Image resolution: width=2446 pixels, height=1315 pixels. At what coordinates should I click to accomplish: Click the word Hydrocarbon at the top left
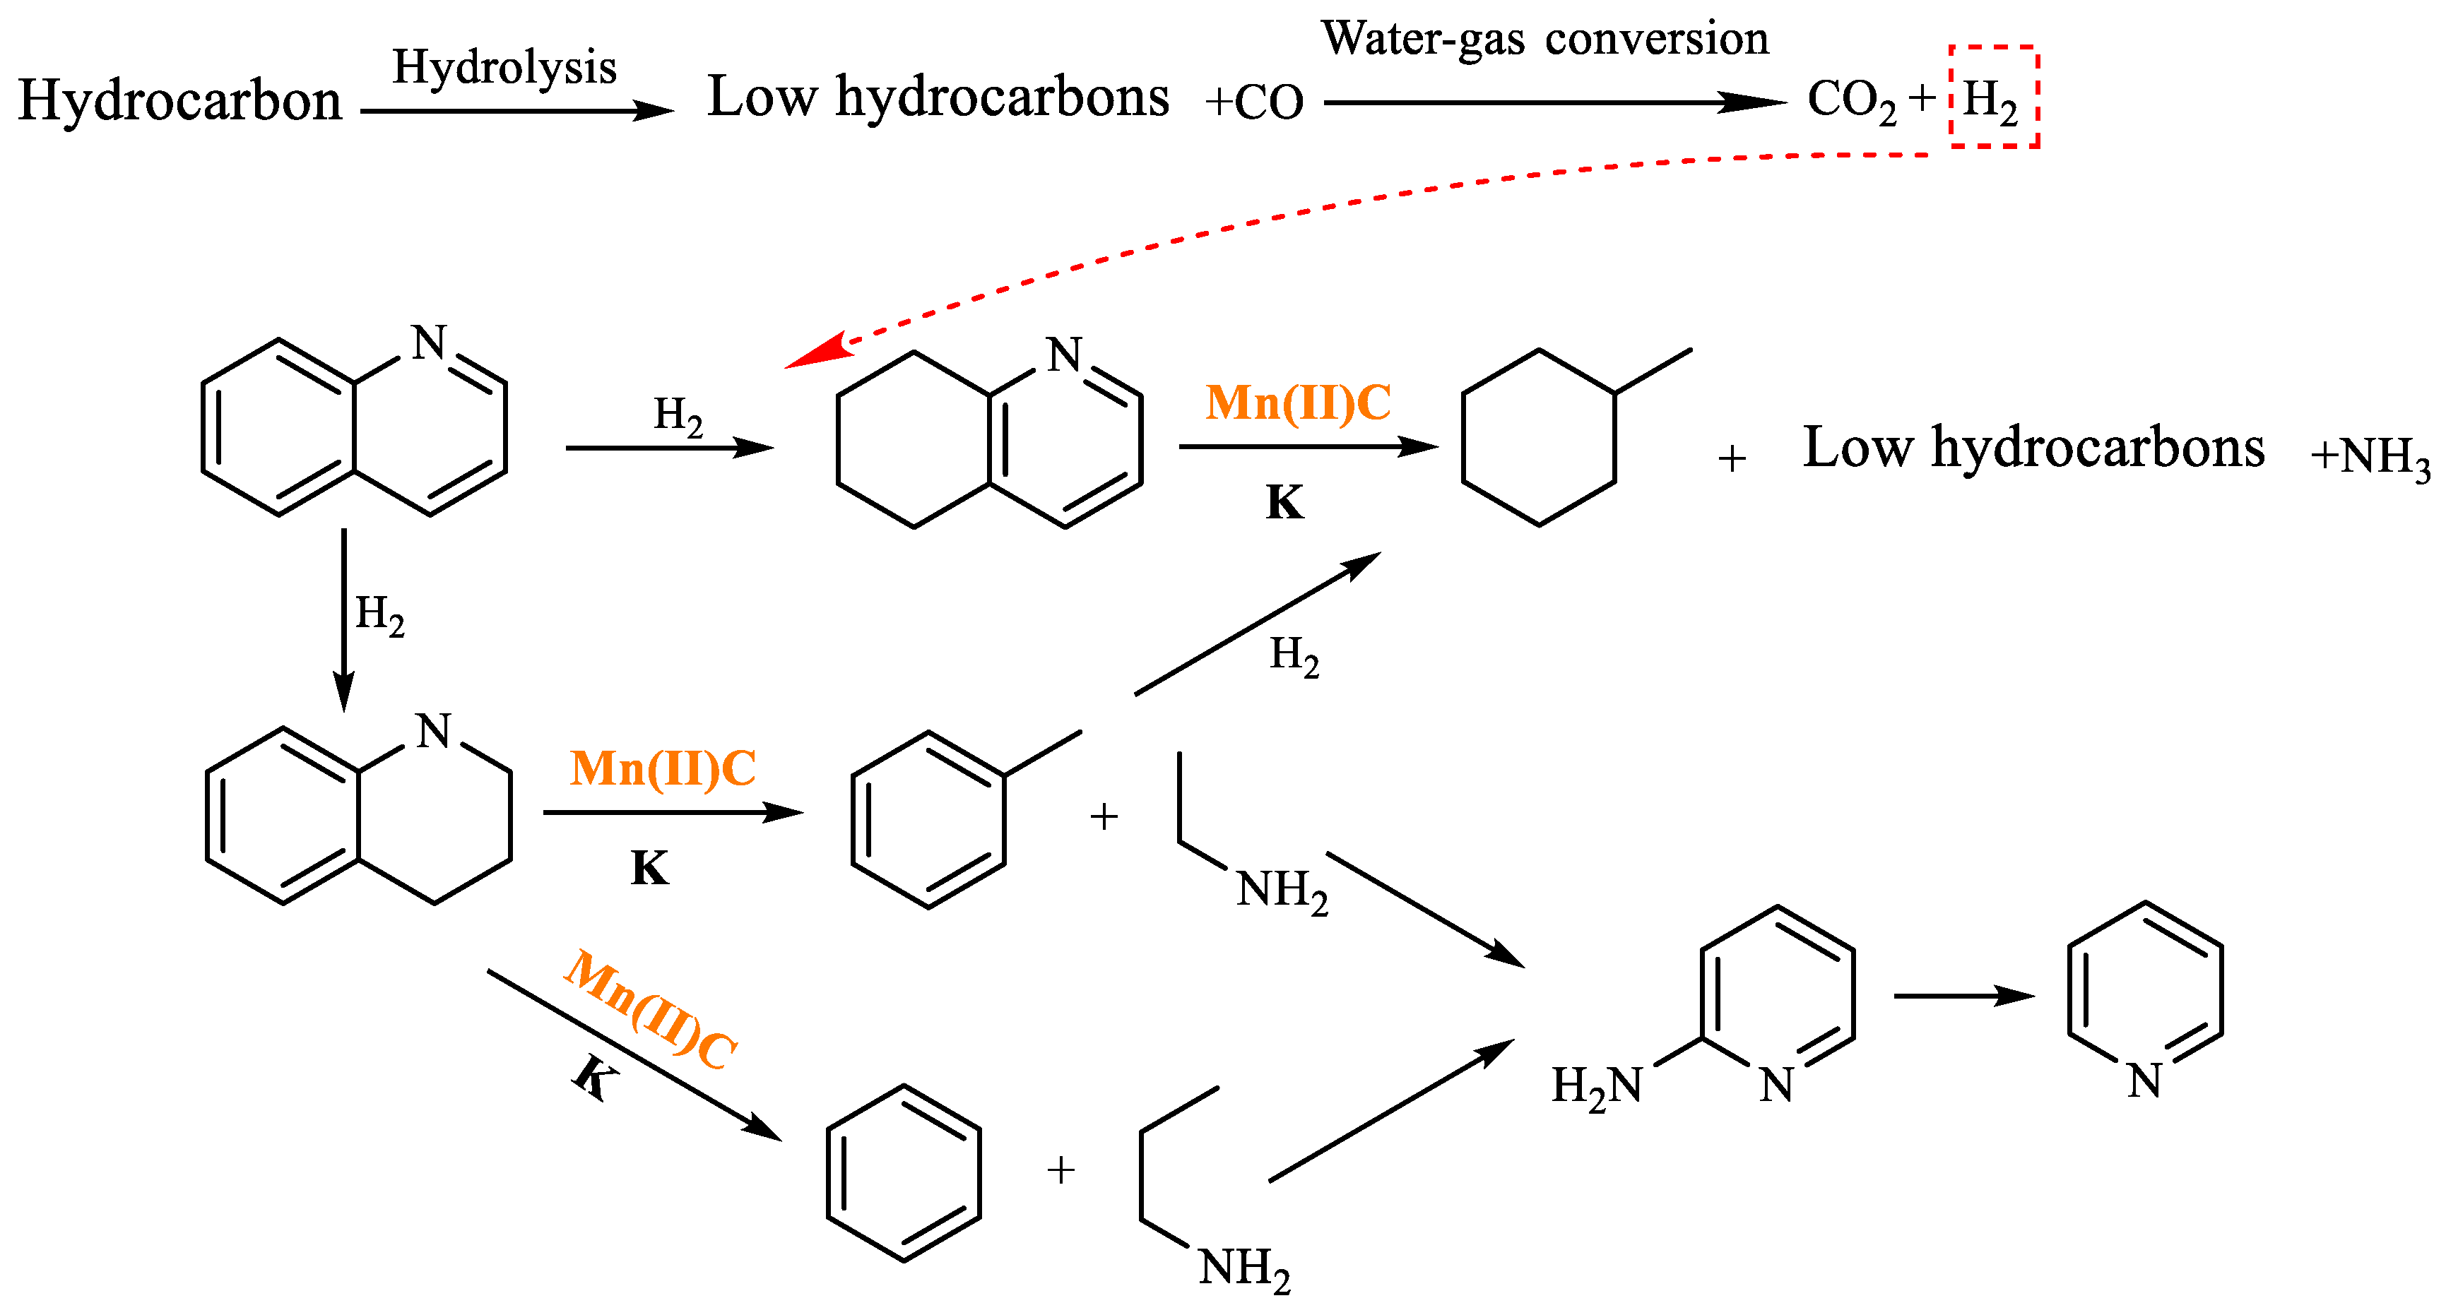tap(179, 101)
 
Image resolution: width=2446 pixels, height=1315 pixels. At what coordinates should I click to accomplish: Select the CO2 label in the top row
tap(1850, 99)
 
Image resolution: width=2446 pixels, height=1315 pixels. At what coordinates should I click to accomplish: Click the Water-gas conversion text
tap(1545, 40)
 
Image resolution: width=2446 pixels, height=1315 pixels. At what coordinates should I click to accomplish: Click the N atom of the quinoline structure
tap(429, 343)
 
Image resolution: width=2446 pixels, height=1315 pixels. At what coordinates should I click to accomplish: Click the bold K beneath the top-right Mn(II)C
tap(1284, 502)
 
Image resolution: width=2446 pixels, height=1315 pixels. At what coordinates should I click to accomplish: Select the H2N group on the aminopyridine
tap(1596, 1085)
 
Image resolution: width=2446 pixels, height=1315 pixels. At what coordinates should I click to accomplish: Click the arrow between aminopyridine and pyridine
tap(1963, 996)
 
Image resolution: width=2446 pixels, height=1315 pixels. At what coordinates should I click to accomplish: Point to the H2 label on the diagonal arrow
tap(1294, 655)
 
